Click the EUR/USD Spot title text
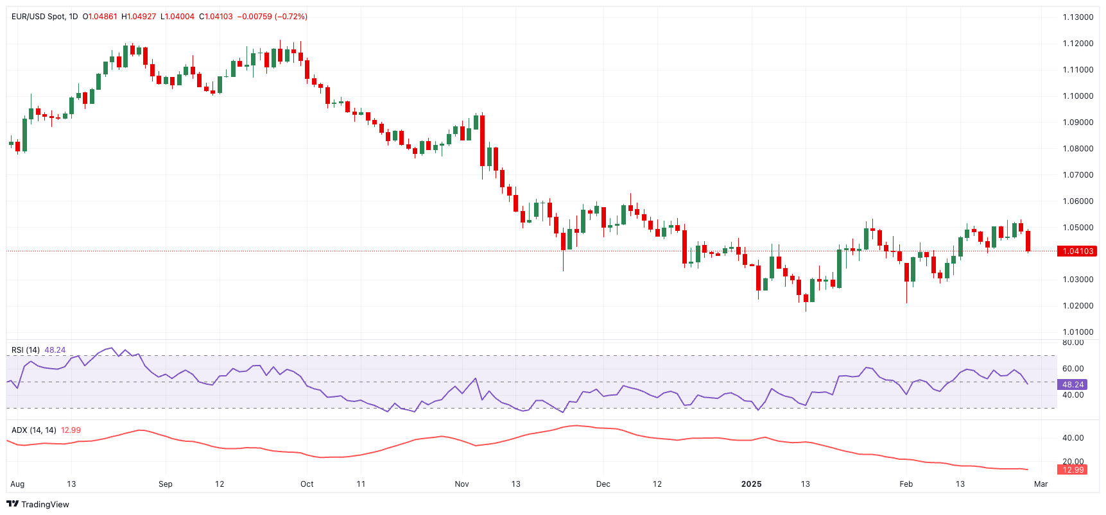tap(38, 17)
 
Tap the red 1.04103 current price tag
tap(1077, 251)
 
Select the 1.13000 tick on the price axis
tap(1078, 17)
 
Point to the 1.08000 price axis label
tap(1078, 149)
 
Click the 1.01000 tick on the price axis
tap(1078, 332)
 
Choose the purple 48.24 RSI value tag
tap(1073, 385)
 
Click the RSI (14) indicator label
tap(26, 350)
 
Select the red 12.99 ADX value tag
tap(1073, 470)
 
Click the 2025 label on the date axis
tap(751, 484)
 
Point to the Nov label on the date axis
tap(462, 484)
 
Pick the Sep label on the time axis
tap(166, 484)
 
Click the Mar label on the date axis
tap(1041, 484)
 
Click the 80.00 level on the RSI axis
tap(1073, 342)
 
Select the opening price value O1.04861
tap(100, 17)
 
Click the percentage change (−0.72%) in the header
tap(291, 17)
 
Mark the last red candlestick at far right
tap(1028, 241)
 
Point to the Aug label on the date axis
tap(17, 484)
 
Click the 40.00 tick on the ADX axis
tap(1073, 438)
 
